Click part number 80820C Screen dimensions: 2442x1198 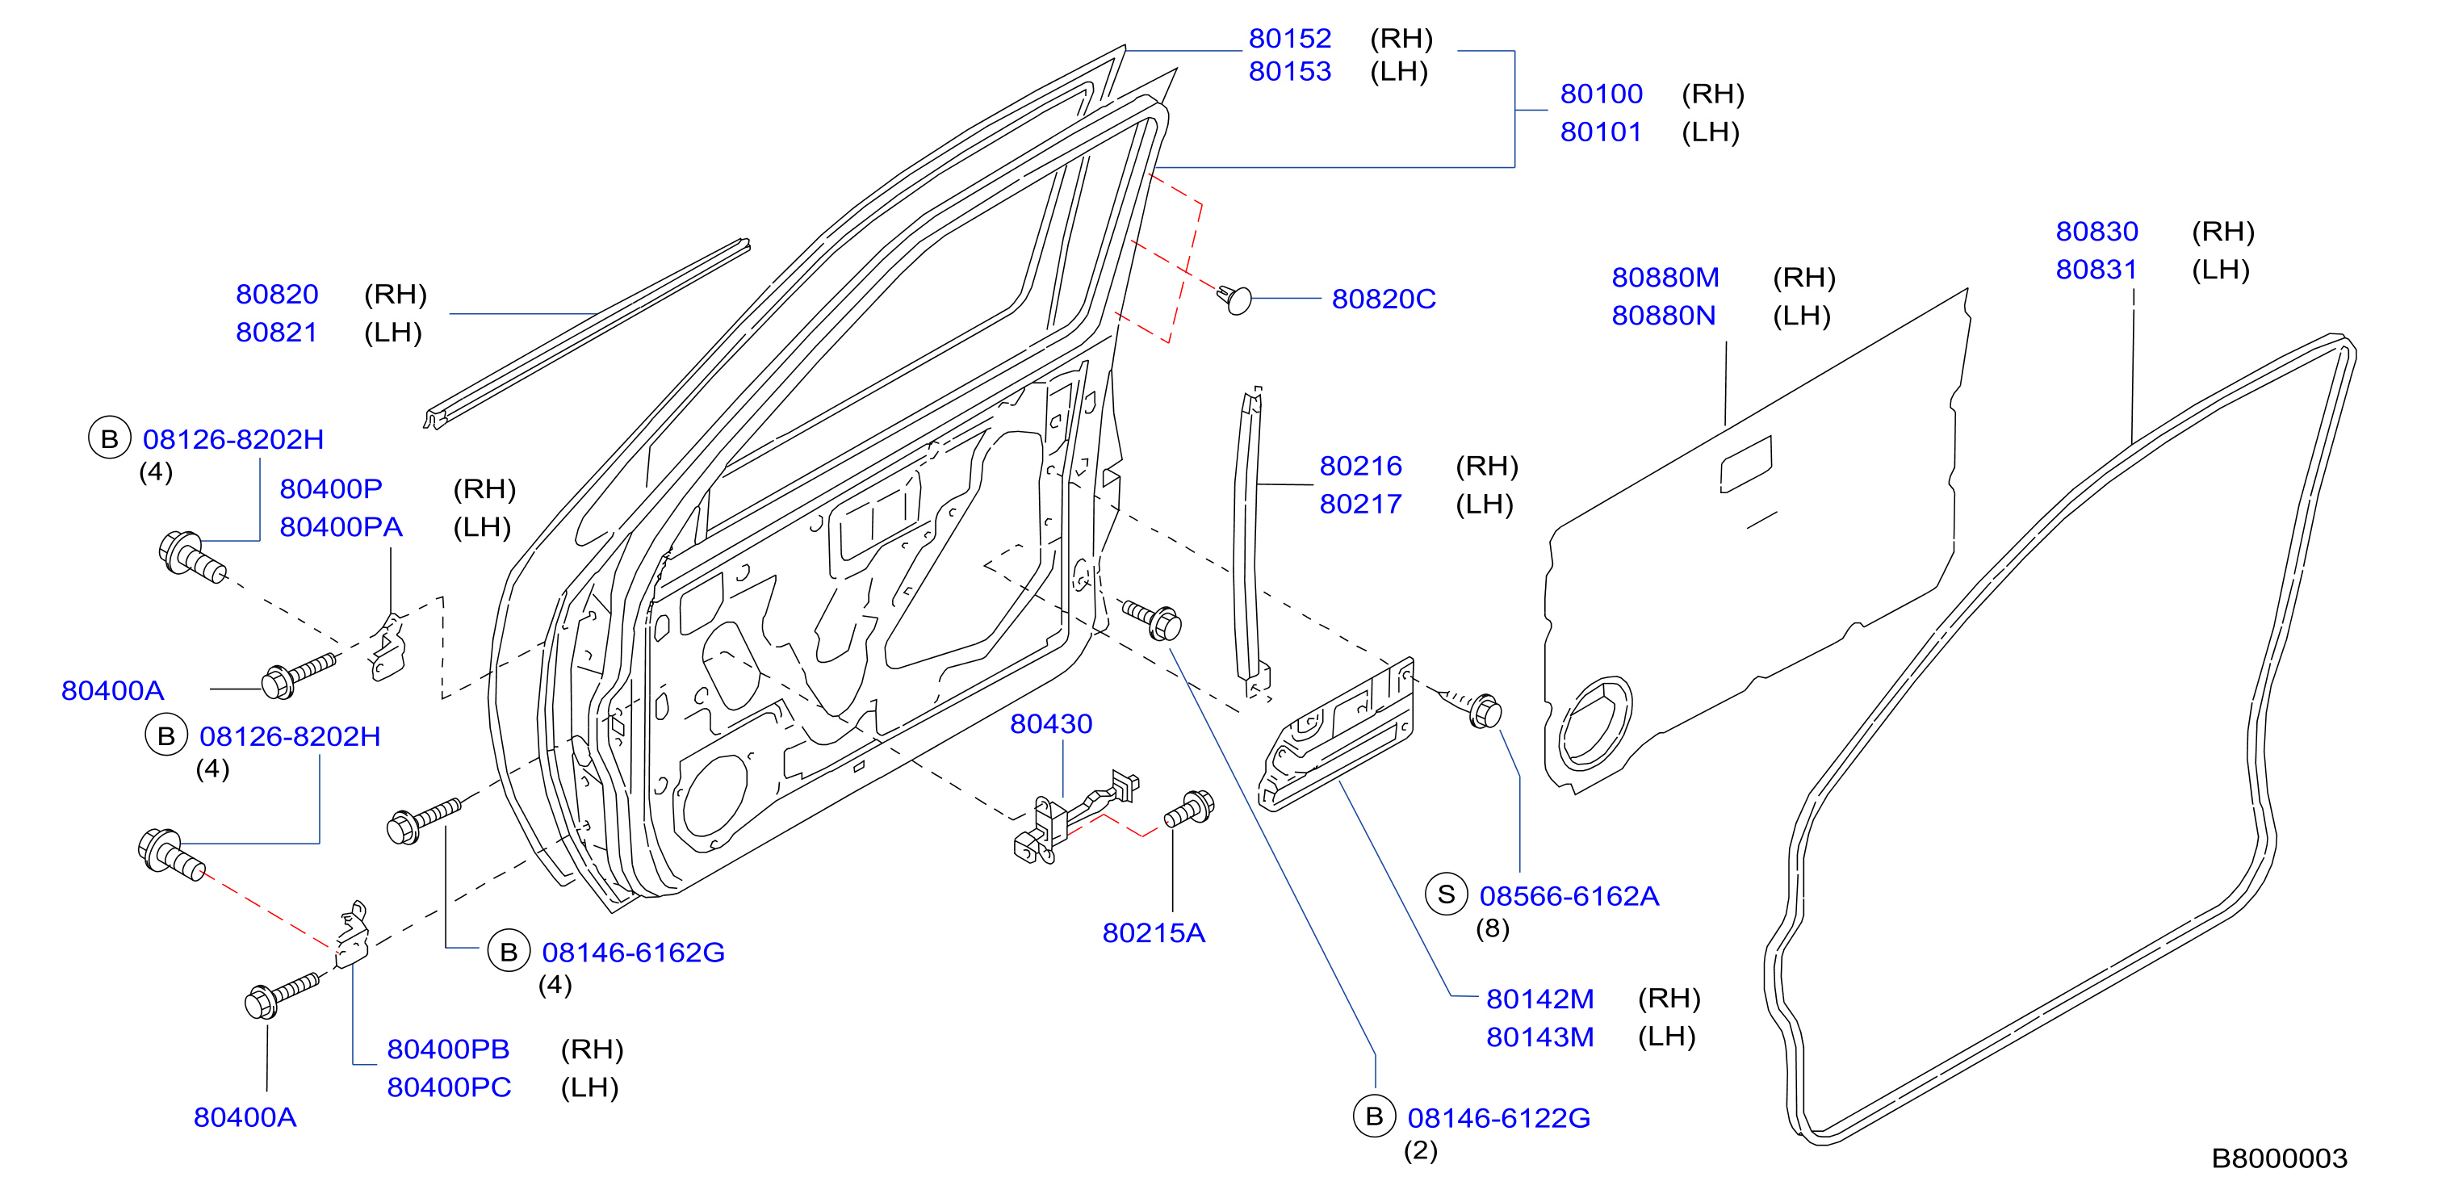pos(1383,299)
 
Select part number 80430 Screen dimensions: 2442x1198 pos(1050,723)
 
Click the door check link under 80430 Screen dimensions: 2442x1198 pos(1073,817)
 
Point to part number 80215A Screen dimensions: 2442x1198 pos(1153,932)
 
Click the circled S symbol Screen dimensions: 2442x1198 pos(1446,894)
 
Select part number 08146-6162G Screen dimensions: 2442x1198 pos(633,952)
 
